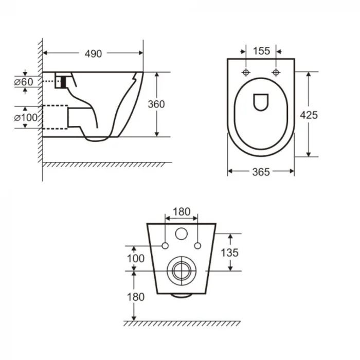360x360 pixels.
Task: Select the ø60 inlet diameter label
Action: pyautogui.click(x=24, y=81)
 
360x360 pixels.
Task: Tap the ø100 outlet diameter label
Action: pyautogui.click(x=26, y=117)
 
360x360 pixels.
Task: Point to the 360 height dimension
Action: pyautogui.click(x=156, y=104)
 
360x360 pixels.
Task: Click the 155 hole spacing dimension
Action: pyautogui.click(x=261, y=50)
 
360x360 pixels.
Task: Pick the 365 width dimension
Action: pyautogui.click(x=261, y=172)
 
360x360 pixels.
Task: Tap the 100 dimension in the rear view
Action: pyautogui.click(x=135, y=259)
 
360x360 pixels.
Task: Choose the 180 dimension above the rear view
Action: pyautogui.click(x=181, y=211)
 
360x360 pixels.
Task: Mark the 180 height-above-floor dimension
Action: pyautogui.click(x=135, y=297)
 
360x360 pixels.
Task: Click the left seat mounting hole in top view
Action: pyautogui.click(x=246, y=71)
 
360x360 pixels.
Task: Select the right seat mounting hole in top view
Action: pyautogui.click(x=276, y=71)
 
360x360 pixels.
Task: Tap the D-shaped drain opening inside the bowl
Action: pyautogui.click(x=261, y=102)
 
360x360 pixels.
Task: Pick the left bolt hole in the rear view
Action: pyautogui.click(x=165, y=246)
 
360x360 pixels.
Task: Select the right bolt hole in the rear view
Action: pyautogui.click(x=197, y=246)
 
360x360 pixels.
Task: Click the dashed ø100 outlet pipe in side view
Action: pyautogui.click(x=55, y=117)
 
